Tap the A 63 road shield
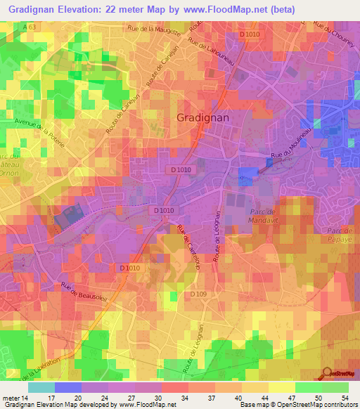(29, 26)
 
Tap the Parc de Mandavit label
(264, 214)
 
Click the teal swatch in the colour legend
(41, 388)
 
